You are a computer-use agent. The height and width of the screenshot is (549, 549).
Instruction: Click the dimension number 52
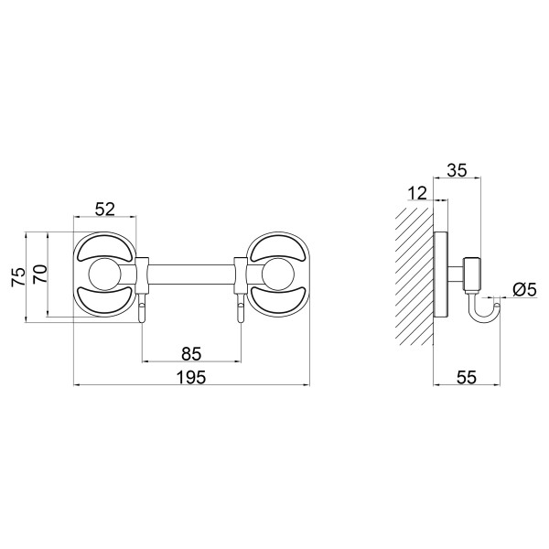pyautogui.click(x=105, y=210)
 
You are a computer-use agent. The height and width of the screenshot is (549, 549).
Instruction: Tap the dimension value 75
pyautogui.click(x=18, y=277)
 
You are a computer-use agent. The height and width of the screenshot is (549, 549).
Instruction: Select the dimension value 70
pyautogui.click(x=39, y=274)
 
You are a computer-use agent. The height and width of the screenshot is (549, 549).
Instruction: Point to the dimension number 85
pyautogui.click(x=191, y=353)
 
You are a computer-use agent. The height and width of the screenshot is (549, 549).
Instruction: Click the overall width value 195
pyautogui.click(x=191, y=377)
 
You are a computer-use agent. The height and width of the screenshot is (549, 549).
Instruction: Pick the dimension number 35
pyautogui.click(x=457, y=170)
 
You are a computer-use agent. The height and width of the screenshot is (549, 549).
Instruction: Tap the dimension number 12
pyautogui.click(x=418, y=193)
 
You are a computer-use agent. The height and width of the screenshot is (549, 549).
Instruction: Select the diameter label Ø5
pyautogui.click(x=524, y=290)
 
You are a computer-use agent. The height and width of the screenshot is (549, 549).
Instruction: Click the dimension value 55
pyautogui.click(x=467, y=377)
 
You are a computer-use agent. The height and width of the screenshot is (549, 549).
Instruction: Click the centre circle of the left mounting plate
pyautogui.click(x=104, y=274)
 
